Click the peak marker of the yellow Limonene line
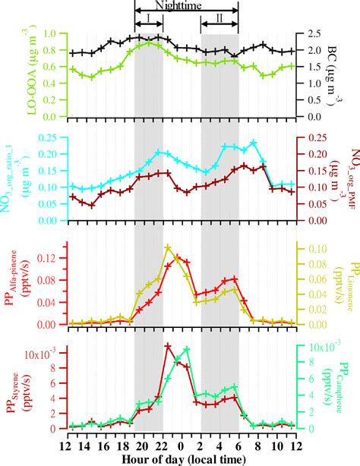pos(168,247)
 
